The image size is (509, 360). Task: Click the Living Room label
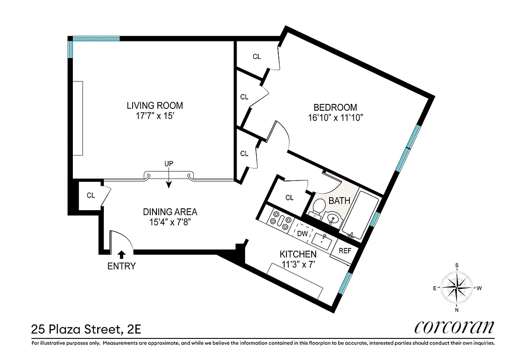click(x=155, y=106)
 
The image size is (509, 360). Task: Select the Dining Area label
click(x=170, y=212)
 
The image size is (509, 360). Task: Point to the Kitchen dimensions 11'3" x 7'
click(x=298, y=265)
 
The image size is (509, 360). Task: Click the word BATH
click(x=339, y=201)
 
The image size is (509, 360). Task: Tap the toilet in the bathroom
click(x=318, y=207)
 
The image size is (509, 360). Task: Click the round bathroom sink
click(x=333, y=218)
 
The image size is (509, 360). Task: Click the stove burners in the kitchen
click(x=280, y=220)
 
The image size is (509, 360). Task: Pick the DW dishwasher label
click(x=302, y=234)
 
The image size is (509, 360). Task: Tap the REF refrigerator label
click(x=345, y=251)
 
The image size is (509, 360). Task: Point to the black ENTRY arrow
click(x=121, y=255)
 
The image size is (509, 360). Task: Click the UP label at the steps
click(x=169, y=164)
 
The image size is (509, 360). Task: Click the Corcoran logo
click(x=454, y=327)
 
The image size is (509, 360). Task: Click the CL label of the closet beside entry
click(x=91, y=195)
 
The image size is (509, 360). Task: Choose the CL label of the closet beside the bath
click(x=290, y=198)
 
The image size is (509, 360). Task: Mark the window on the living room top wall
click(x=96, y=39)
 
